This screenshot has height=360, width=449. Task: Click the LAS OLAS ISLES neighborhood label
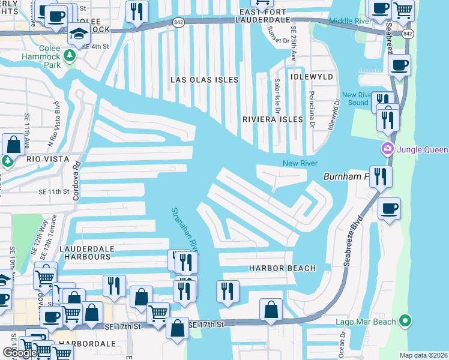coord(204,80)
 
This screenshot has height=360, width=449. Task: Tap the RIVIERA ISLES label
coord(273,119)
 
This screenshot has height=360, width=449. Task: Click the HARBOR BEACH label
coord(265,268)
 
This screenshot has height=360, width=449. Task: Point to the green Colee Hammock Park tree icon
coord(70,56)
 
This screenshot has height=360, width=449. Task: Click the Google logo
coord(20,353)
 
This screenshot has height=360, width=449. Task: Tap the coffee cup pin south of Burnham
coord(389,208)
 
